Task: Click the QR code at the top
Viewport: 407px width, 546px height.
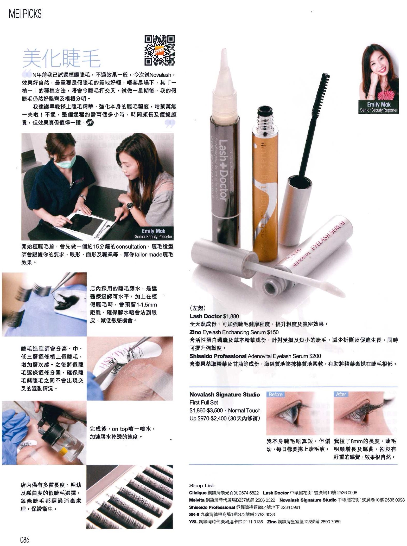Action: point(159,50)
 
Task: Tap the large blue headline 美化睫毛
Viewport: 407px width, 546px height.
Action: point(62,58)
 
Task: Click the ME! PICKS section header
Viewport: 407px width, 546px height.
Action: point(25,14)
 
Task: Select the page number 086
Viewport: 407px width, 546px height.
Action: point(25,539)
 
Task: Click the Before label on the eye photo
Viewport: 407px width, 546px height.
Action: point(275,394)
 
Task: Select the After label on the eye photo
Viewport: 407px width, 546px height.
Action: point(341,394)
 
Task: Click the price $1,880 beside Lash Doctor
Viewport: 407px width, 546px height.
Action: point(231,316)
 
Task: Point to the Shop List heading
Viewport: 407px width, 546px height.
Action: point(201,485)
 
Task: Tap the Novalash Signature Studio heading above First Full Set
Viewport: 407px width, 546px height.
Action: point(225,395)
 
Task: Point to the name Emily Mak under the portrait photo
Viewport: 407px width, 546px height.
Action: point(379,105)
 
